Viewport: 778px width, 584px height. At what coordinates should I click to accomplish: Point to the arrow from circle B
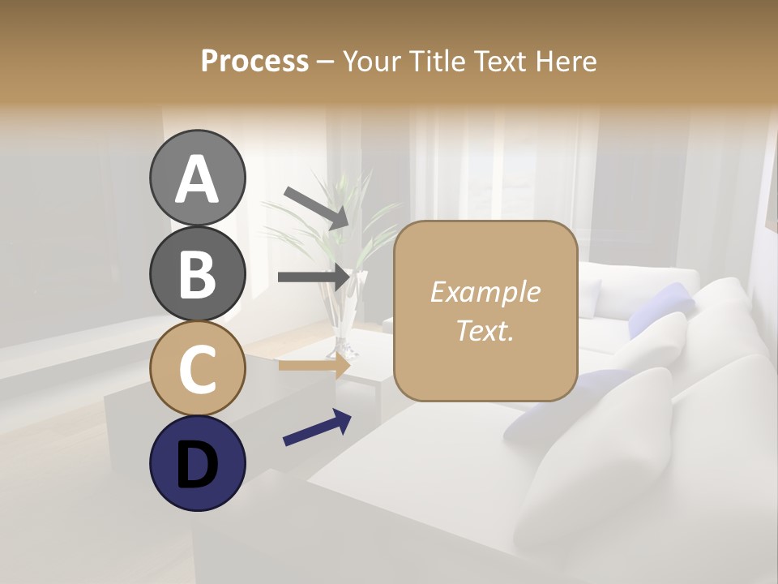point(314,277)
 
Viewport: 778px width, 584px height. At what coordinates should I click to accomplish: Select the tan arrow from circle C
point(314,366)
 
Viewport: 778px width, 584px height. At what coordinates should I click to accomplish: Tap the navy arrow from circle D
point(317,427)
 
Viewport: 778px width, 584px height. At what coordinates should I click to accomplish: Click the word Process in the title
point(254,61)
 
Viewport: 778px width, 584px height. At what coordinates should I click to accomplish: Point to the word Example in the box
point(485,292)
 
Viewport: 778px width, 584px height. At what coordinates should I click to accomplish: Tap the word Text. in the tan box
point(485,330)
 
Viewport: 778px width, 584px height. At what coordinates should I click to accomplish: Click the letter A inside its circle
point(197,179)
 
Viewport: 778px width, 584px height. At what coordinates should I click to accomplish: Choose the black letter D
point(197,465)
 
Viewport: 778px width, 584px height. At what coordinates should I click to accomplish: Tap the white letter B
point(197,274)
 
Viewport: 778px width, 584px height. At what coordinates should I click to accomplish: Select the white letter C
point(197,369)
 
